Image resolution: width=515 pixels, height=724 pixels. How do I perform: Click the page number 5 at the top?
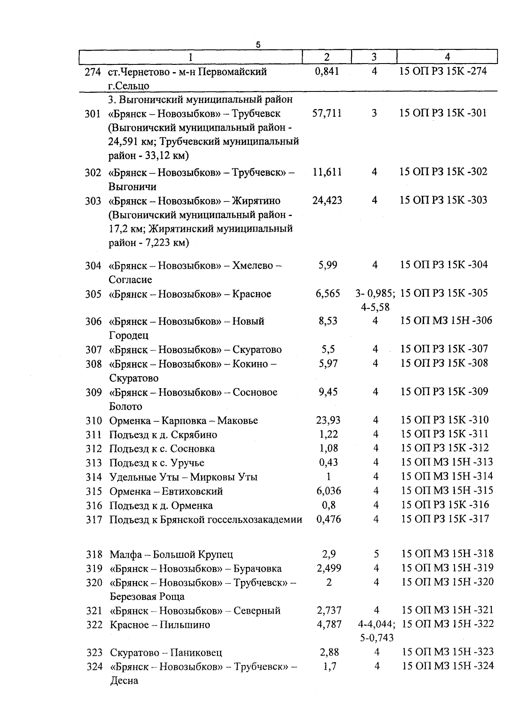pyautogui.click(x=258, y=45)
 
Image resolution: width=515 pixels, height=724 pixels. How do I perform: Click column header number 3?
pyautogui.click(x=374, y=57)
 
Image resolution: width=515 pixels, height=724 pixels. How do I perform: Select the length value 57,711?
pyautogui.click(x=327, y=113)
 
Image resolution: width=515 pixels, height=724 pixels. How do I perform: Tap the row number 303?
pyautogui.click(x=93, y=201)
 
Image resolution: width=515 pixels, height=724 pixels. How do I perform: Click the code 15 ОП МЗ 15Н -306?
pyautogui.click(x=446, y=321)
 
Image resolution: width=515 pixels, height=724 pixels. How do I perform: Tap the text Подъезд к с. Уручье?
pyautogui.click(x=157, y=463)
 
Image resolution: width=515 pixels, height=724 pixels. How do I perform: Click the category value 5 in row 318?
pyautogui.click(x=376, y=554)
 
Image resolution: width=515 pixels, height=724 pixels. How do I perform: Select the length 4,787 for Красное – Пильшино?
pyautogui.click(x=329, y=624)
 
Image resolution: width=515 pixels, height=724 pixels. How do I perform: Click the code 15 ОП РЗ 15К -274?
pyautogui.click(x=443, y=71)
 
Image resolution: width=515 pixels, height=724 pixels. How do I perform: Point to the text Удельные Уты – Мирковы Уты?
pyautogui.click(x=183, y=477)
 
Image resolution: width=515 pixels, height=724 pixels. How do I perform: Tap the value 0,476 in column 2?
pyautogui.click(x=328, y=519)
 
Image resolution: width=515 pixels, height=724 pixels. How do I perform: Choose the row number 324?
pyautogui.click(x=94, y=667)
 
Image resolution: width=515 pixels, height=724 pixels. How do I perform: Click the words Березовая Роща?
pyautogui.click(x=147, y=596)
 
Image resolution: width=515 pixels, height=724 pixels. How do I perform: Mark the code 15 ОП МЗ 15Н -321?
pyautogui.click(x=448, y=610)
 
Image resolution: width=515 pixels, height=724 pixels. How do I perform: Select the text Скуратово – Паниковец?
pyautogui.click(x=166, y=653)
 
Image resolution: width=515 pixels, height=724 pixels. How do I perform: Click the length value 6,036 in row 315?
pyautogui.click(x=328, y=491)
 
